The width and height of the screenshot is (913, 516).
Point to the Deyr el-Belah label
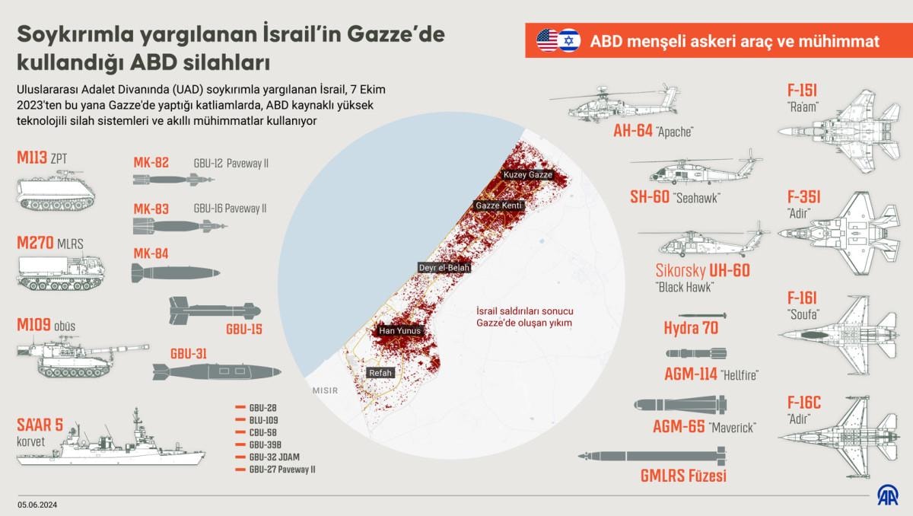click(444, 268)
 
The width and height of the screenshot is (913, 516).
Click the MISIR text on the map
click(324, 390)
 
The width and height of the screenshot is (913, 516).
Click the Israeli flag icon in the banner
click(568, 40)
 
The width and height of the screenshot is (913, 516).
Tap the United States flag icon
click(547, 40)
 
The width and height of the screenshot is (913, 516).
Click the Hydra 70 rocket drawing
click(701, 315)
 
